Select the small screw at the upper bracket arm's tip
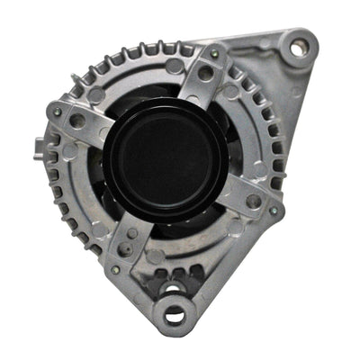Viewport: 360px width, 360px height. [x=214, y=55]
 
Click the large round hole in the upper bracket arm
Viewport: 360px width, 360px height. [x=207, y=74]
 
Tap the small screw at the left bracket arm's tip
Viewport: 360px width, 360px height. [x=58, y=112]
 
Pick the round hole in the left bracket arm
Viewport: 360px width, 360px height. [x=77, y=120]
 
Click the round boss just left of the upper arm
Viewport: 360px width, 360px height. [x=174, y=67]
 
